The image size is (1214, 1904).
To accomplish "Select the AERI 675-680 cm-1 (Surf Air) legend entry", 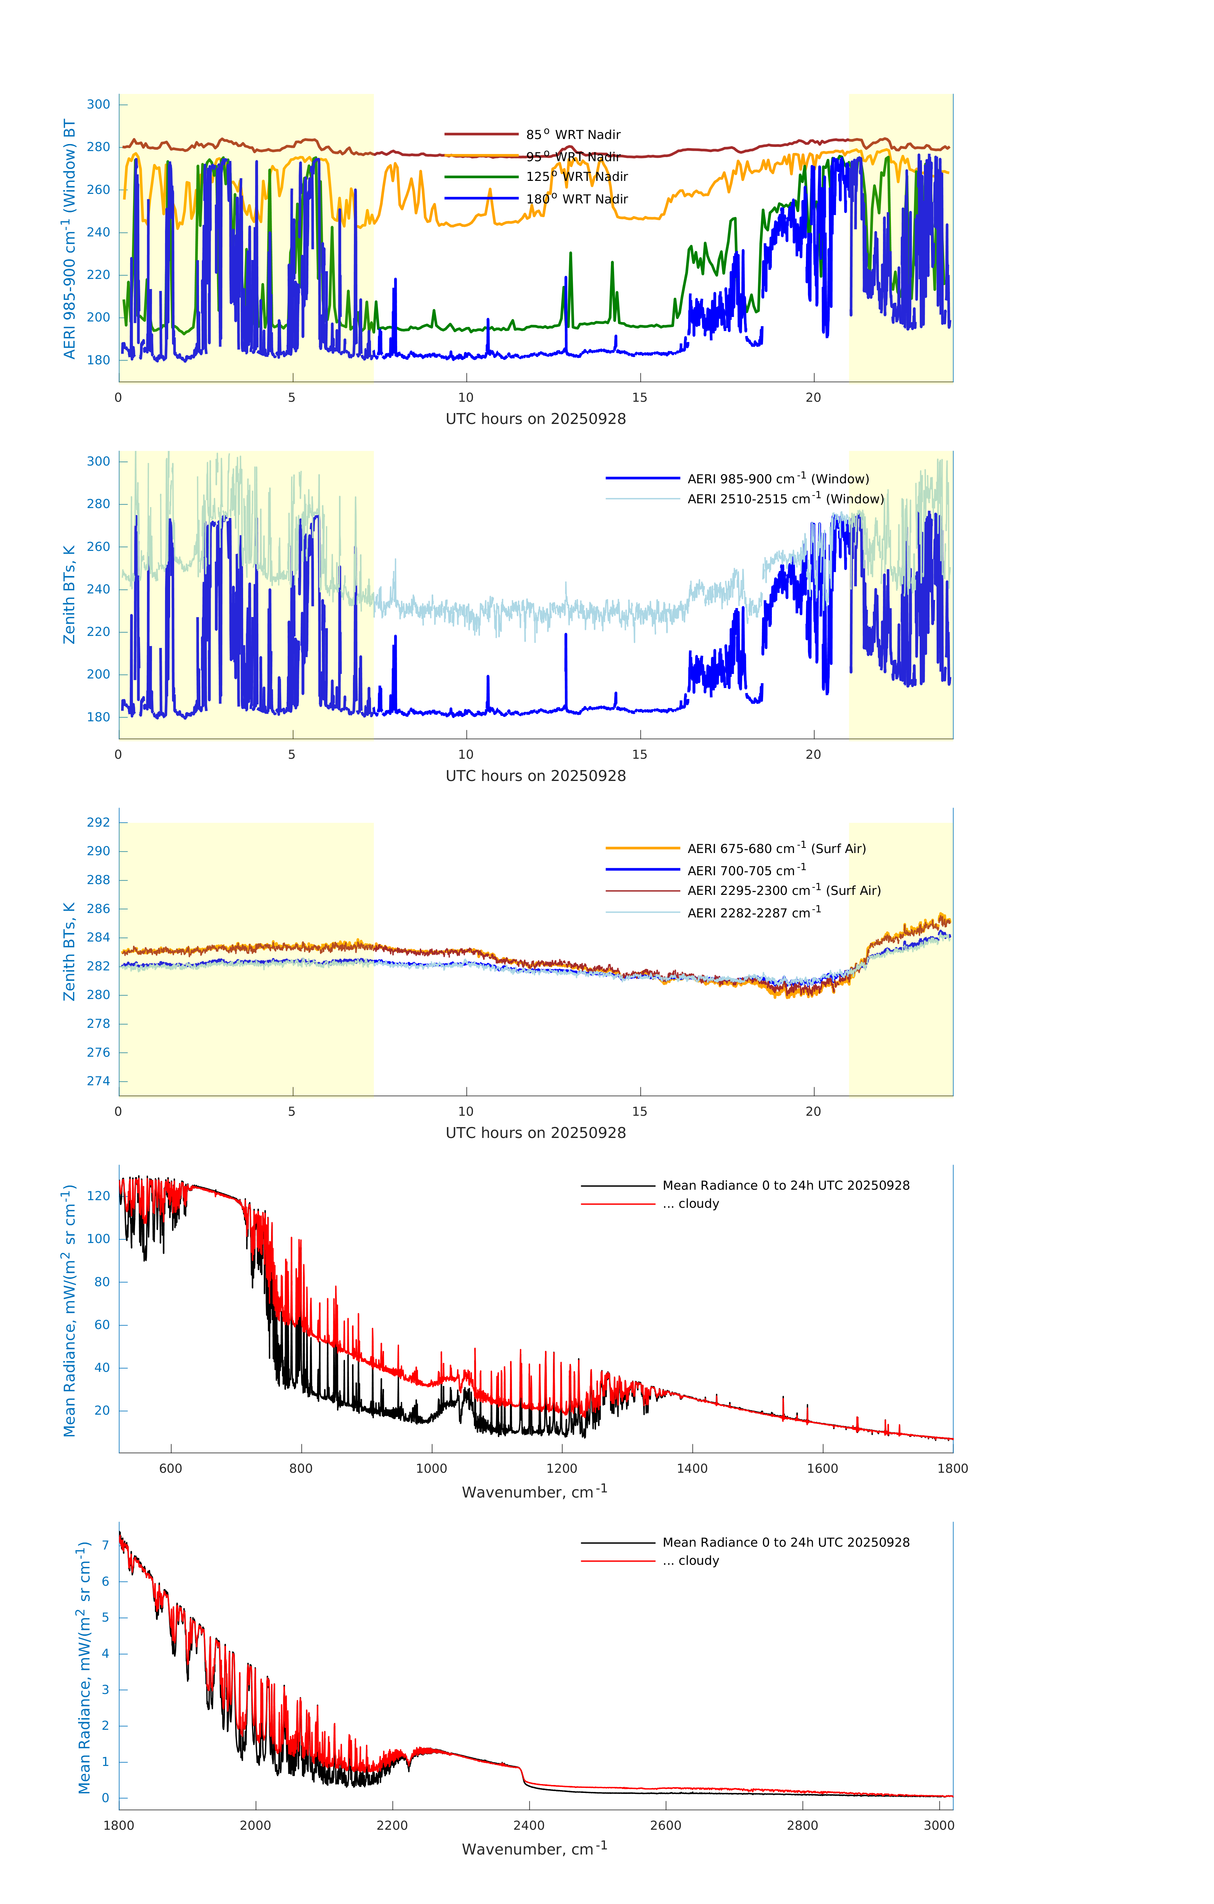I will pyautogui.click(x=776, y=849).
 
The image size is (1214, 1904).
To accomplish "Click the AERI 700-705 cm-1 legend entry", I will pyautogui.click(x=746, y=870).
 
